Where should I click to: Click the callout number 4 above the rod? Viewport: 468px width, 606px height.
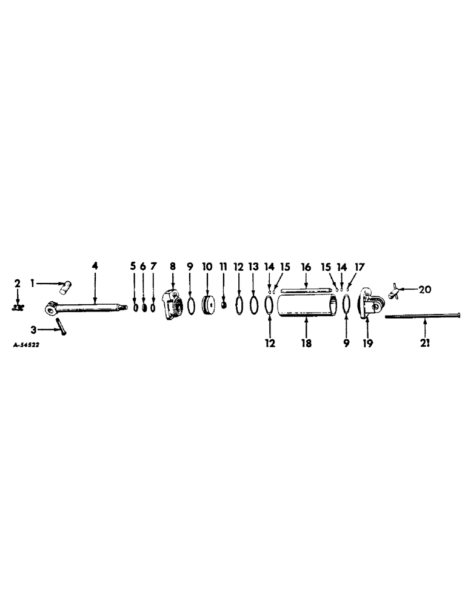coord(95,266)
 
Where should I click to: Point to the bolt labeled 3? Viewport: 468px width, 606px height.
coord(61,325)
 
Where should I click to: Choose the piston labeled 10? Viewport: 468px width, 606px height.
coord(208,305)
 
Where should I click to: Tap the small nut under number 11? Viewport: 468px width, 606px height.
coord(224,305)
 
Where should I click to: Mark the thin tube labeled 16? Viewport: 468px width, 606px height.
coord(306,290)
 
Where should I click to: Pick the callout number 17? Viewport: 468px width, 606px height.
coord(361,267)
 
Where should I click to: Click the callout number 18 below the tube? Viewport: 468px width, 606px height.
coord(306,343)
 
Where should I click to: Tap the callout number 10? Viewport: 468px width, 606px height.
coord(207,266)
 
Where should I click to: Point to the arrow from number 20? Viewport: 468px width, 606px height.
coord(410,290)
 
